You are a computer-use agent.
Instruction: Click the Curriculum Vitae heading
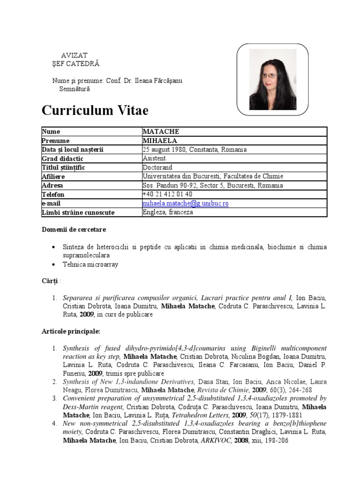coord(95,111)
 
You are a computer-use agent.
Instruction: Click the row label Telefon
coord(53,195)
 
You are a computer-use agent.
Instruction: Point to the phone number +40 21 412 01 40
coord(167,194)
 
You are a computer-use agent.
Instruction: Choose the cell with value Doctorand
coord(157,167)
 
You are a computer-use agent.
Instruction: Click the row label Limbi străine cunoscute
coord(78,212)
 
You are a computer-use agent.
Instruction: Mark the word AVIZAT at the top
coord(75,55)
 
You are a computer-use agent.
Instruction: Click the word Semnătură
coord(75,89)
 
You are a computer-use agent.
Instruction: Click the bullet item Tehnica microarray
coord(90,264)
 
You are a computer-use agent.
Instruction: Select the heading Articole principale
coord(71,331)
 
